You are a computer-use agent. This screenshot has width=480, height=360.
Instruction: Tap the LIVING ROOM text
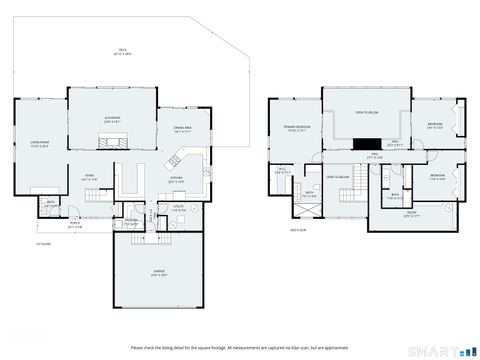point(39,144)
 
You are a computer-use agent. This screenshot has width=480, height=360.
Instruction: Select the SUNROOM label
point(112,119)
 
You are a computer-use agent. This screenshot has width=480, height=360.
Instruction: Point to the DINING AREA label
point(183,128)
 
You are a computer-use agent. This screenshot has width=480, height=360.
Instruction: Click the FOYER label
point(88,177)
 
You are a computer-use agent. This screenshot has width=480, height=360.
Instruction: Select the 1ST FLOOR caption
point(43,243)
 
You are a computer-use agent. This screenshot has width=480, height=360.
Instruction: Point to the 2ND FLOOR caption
point(296,229)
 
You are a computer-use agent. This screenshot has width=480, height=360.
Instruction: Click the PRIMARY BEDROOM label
point(296,129)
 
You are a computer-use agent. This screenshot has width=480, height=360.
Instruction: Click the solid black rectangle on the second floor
point(367,143)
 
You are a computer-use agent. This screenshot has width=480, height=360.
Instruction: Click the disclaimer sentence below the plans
point(240,347)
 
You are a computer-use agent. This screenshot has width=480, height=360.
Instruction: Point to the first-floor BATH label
point(50,205)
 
